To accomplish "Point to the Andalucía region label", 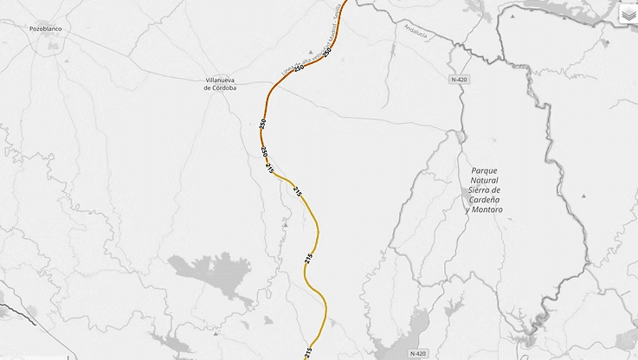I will click(416, 29).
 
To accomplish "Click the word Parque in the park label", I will click(484, 171).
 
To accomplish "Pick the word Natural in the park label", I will click(485, 181).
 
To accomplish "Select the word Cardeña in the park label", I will click(485, 200).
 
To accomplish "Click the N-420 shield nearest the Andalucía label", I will click(459, 79).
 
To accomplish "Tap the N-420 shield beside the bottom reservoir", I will click(418, 353).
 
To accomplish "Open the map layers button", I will click(628, 14).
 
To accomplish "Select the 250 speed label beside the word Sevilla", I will click(325, 54).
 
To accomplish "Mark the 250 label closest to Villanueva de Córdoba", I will click(262, 125).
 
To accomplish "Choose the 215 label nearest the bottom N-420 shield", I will click(308, 351).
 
